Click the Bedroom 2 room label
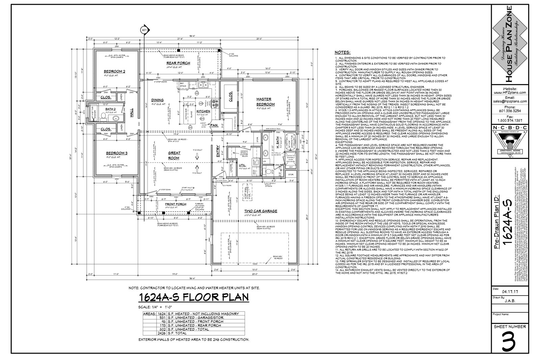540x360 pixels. click(114, 72)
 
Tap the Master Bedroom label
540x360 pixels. click(266, 102)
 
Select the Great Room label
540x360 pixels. click(174, 155)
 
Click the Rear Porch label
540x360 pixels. click(178, 63)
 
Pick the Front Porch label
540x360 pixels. click(175, 204)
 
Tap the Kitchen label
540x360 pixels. click(204, 111)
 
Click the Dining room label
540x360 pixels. click(158, 100)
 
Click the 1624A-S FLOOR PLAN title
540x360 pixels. click(193, 297)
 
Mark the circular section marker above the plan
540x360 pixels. click(144, 30)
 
